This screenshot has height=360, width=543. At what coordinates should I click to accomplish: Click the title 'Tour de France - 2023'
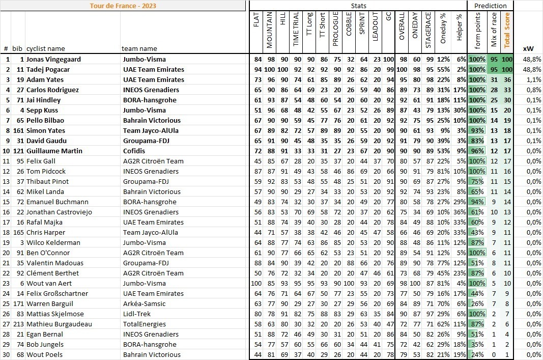pos(123,6)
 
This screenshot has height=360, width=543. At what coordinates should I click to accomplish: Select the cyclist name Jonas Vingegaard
pos(53,60)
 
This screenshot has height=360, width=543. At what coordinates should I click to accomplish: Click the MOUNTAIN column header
pos(270,30)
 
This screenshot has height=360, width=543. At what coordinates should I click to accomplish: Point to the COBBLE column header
pos(349,30)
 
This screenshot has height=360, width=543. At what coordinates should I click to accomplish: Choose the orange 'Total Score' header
pos(507,30)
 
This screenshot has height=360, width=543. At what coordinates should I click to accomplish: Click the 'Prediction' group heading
pos(490,6)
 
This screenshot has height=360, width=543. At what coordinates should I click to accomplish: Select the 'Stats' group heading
pos(358,6)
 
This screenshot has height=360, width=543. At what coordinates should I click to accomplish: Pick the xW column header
pos(528,49)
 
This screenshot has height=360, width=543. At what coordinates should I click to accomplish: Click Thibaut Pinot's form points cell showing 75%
pos(477,182)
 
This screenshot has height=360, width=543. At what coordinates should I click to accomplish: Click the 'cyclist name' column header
pos(46,49)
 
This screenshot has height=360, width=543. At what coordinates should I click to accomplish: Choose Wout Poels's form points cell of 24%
pos(477,355)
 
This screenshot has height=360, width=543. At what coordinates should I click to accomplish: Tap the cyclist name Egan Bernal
pos(45,335)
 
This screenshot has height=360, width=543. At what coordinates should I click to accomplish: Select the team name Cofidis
pos(134,151)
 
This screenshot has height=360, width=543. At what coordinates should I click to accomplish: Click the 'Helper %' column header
pos(460,30)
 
